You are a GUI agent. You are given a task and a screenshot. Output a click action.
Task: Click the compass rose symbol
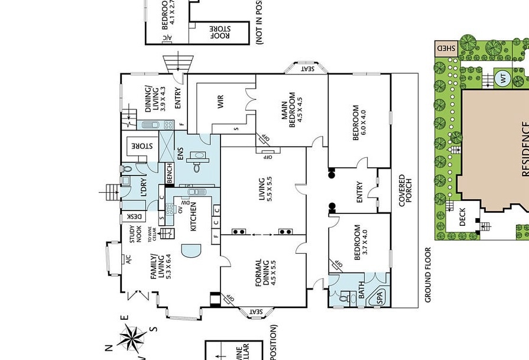[134, 339]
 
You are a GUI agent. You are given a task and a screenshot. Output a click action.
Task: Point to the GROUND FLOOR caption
[429, 275]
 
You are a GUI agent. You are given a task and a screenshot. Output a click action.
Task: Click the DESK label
[134, 217]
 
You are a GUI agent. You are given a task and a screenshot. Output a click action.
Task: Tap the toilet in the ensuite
[197, 167]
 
